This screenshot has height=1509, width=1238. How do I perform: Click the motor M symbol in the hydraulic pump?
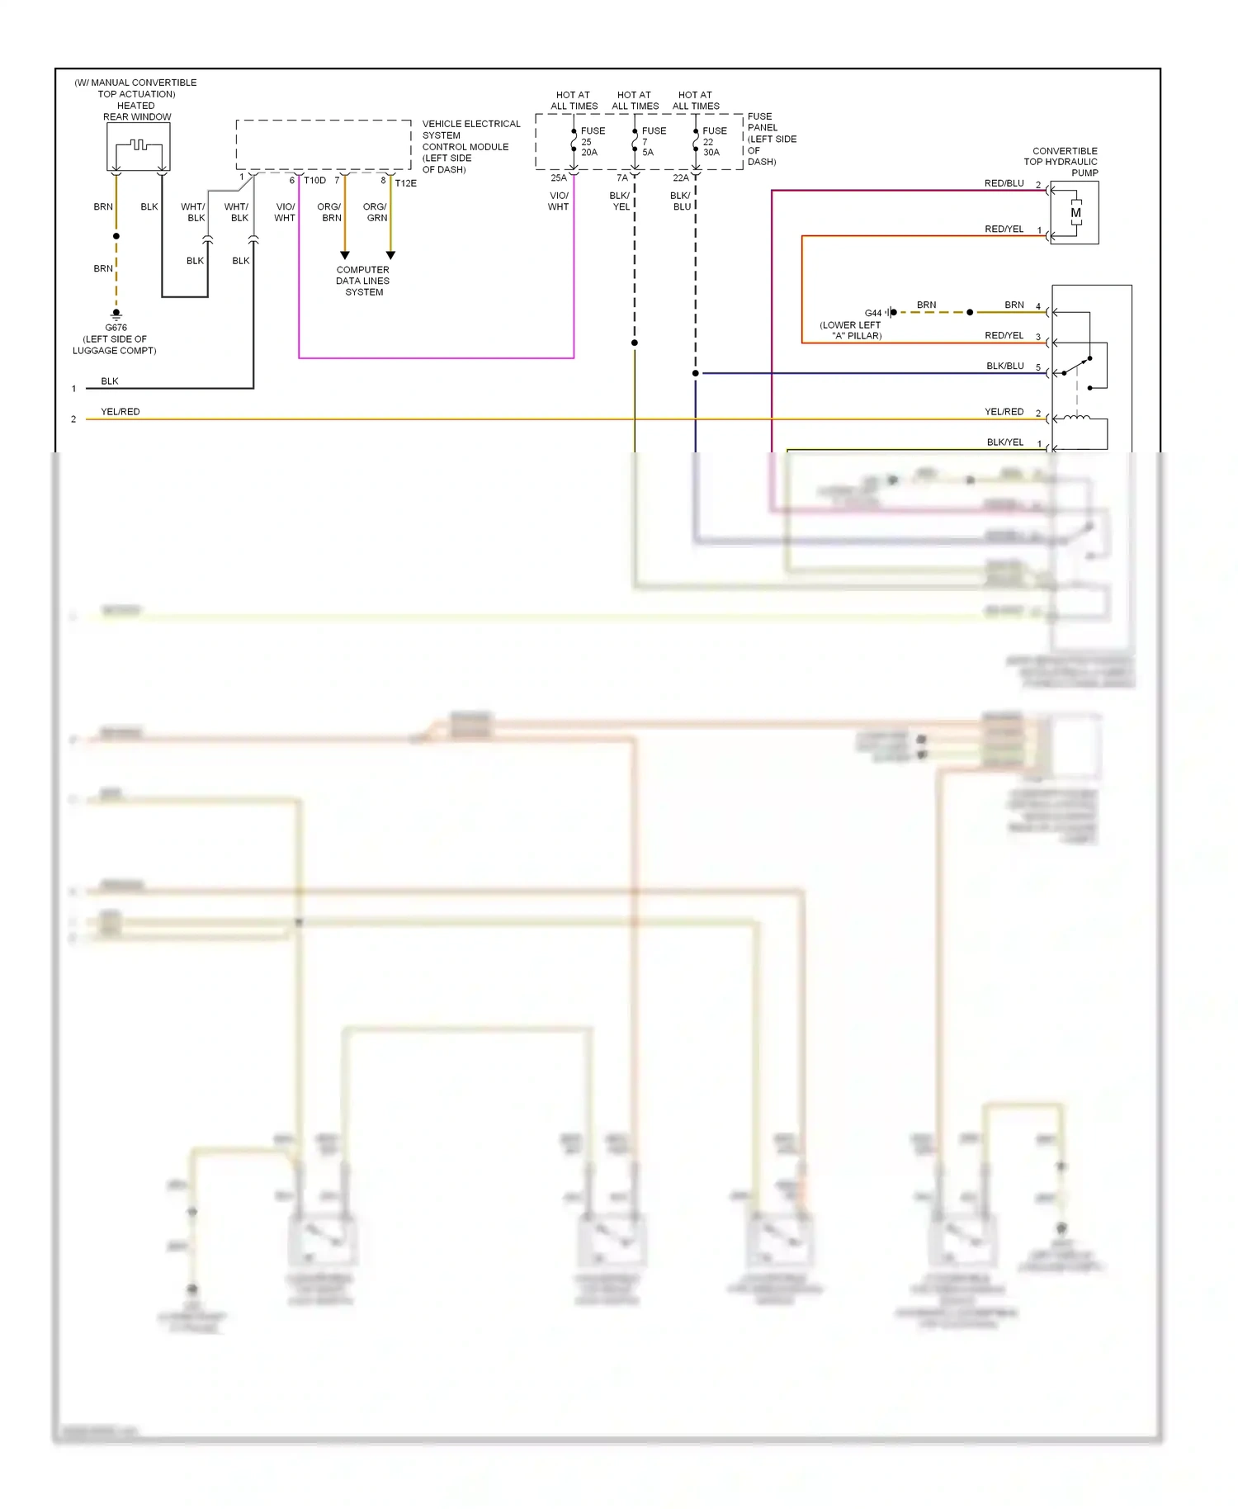coord(1075,213)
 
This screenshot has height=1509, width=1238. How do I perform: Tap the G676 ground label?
coord(116,328)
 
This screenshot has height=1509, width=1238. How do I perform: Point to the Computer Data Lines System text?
coord(363,281)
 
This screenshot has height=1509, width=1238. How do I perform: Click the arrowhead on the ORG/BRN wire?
coord(345,255)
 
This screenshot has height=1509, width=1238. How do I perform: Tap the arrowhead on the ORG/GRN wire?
coord(390,255)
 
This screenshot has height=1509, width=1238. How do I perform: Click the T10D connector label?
coord(314,180)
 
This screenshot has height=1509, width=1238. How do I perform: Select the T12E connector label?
coord(405,183)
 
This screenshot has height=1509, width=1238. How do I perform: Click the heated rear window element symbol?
coord(138,146)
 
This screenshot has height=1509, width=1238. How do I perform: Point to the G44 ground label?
coord(872,313)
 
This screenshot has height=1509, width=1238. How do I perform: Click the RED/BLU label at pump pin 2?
coord(1004,183)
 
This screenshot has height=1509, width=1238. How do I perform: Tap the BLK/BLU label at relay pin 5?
coord(1004,366)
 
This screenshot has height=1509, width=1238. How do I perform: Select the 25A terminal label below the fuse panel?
coord(559,177)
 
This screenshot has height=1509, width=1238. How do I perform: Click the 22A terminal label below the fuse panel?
coord(680,177)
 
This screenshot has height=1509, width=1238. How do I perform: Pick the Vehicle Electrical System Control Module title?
coord(470,146)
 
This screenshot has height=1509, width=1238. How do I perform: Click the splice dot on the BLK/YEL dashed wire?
coord(635,343)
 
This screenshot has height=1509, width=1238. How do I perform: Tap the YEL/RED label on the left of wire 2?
coord(120,411)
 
